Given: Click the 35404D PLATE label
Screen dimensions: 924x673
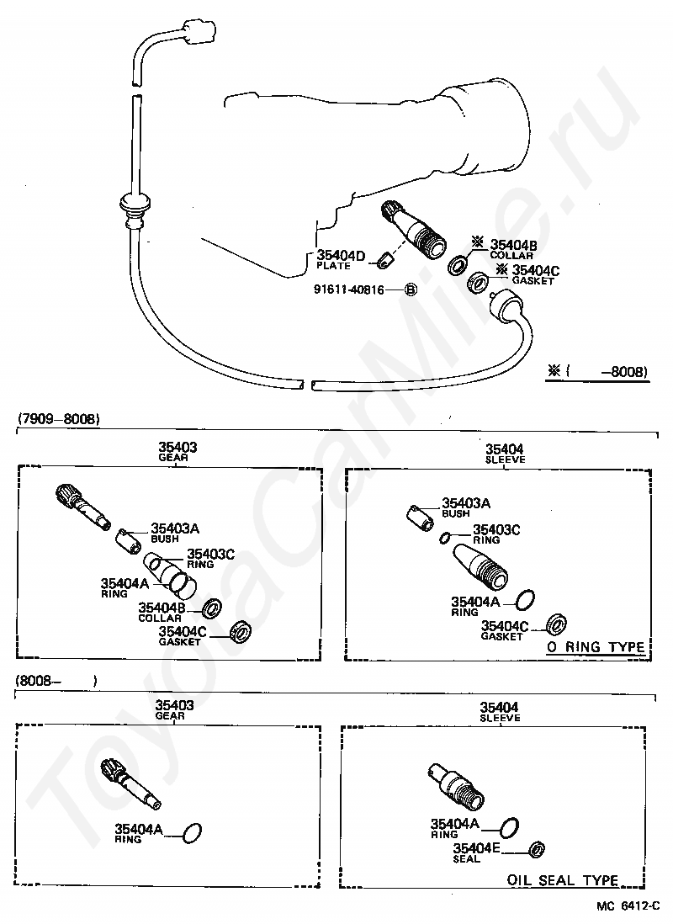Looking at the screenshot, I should click(x=340, y=259).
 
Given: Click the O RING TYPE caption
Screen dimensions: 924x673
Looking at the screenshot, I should click(x=596, y=647).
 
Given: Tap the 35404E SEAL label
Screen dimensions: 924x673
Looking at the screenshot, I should click(x=476, y=852).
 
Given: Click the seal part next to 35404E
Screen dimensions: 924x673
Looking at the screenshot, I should click(x=535, y=849).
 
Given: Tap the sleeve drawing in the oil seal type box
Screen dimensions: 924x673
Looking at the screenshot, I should click(x=458, y=782).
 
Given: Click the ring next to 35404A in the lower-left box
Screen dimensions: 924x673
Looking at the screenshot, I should click(x=193, y=833).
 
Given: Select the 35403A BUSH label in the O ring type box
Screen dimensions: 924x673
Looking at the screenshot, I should click(x=465, y=507).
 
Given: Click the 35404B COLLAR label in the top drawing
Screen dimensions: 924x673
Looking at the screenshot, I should click(x=513, y=248).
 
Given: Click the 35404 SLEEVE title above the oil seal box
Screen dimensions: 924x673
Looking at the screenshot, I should click(x=500, y=712).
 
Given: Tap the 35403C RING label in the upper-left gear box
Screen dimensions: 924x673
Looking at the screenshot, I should click(x=211, y=557).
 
